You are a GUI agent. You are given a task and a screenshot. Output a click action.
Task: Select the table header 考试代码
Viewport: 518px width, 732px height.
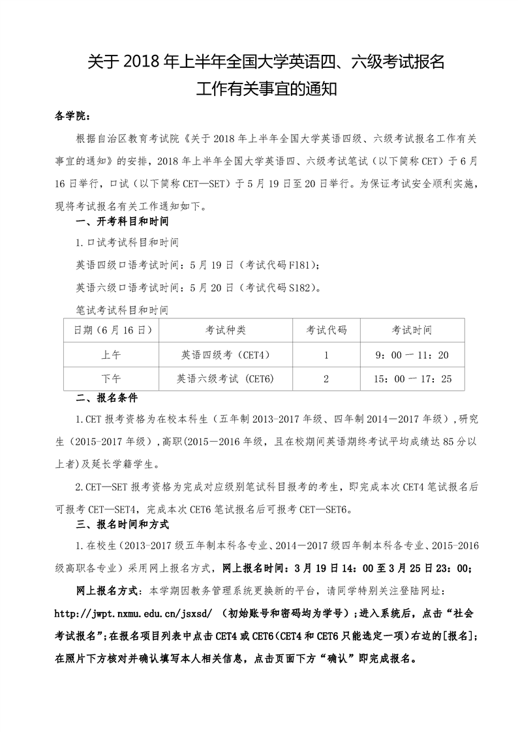click(326, 330)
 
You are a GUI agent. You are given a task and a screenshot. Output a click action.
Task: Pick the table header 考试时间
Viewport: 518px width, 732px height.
click(412, 330)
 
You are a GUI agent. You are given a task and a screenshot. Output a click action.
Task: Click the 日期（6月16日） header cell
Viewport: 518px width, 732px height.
click(110, 330)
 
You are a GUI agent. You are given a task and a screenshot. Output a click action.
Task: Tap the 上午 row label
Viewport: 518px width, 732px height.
click(111, 355)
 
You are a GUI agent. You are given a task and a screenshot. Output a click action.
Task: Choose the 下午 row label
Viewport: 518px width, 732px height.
click(111, 378)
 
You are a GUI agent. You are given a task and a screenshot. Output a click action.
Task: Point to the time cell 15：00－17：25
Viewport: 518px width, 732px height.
click(412, 378)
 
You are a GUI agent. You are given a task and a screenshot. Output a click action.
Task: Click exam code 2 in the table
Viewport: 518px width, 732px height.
click(326, 378)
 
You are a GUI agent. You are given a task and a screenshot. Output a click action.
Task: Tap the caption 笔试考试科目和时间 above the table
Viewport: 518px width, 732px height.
click(122, 309)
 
